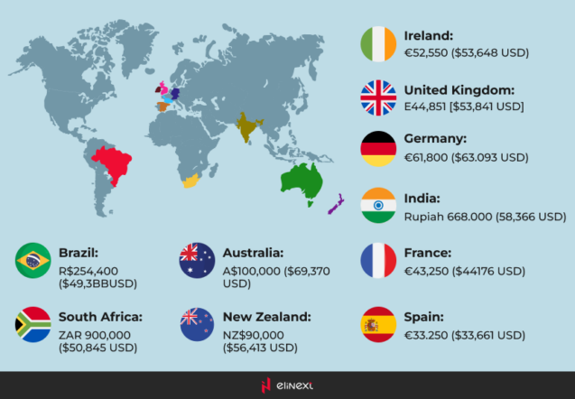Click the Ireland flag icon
(x=378, y=44)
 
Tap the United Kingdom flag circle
(x=378, y=97)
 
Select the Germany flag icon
(x=378, y=149)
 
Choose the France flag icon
(x=378, y=261)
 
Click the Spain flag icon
(x=378, y=325)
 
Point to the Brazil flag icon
(x=33, y=261)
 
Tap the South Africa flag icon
(x=33, y=325)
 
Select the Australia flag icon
(x=196, y=261)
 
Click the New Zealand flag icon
(x=196, y=325)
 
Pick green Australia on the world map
(x=300, y=183)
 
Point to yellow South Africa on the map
(x=190, y=182)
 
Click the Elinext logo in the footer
(x=287, y=385)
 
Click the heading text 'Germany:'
(x=435, y=140)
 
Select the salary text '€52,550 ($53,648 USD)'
(x=466, y=53)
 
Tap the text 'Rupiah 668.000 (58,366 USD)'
(x=485, y=217)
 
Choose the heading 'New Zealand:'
(x=266, y=317)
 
